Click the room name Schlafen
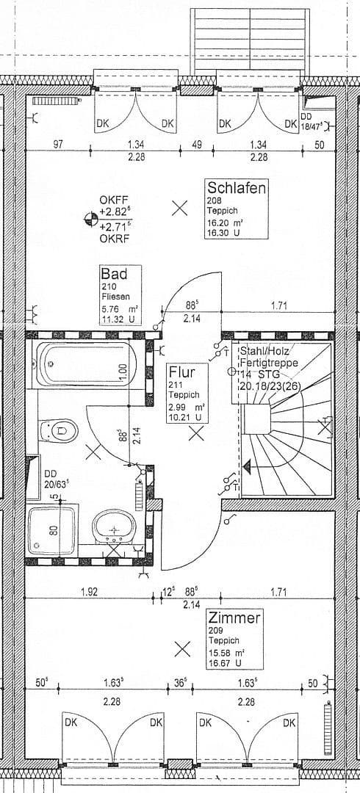pyautogui.click(x=236, y=187)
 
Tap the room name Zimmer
pyautogui.click(x=234, y=618)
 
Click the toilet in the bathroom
pyautogui.click(x=57, y=429)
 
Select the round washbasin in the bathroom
pyautogui.click(x=113, y=526)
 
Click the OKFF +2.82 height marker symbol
pyautogui.click(x=92, y=217)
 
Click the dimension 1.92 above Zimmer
pyautogui.click(x=90, y=590)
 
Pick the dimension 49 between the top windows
pyautogui.click(x=196, y=145)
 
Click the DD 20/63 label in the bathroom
pyautogui.click(x=56, y=478)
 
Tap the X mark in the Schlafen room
pyautogui.click(x=179, y=208)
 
